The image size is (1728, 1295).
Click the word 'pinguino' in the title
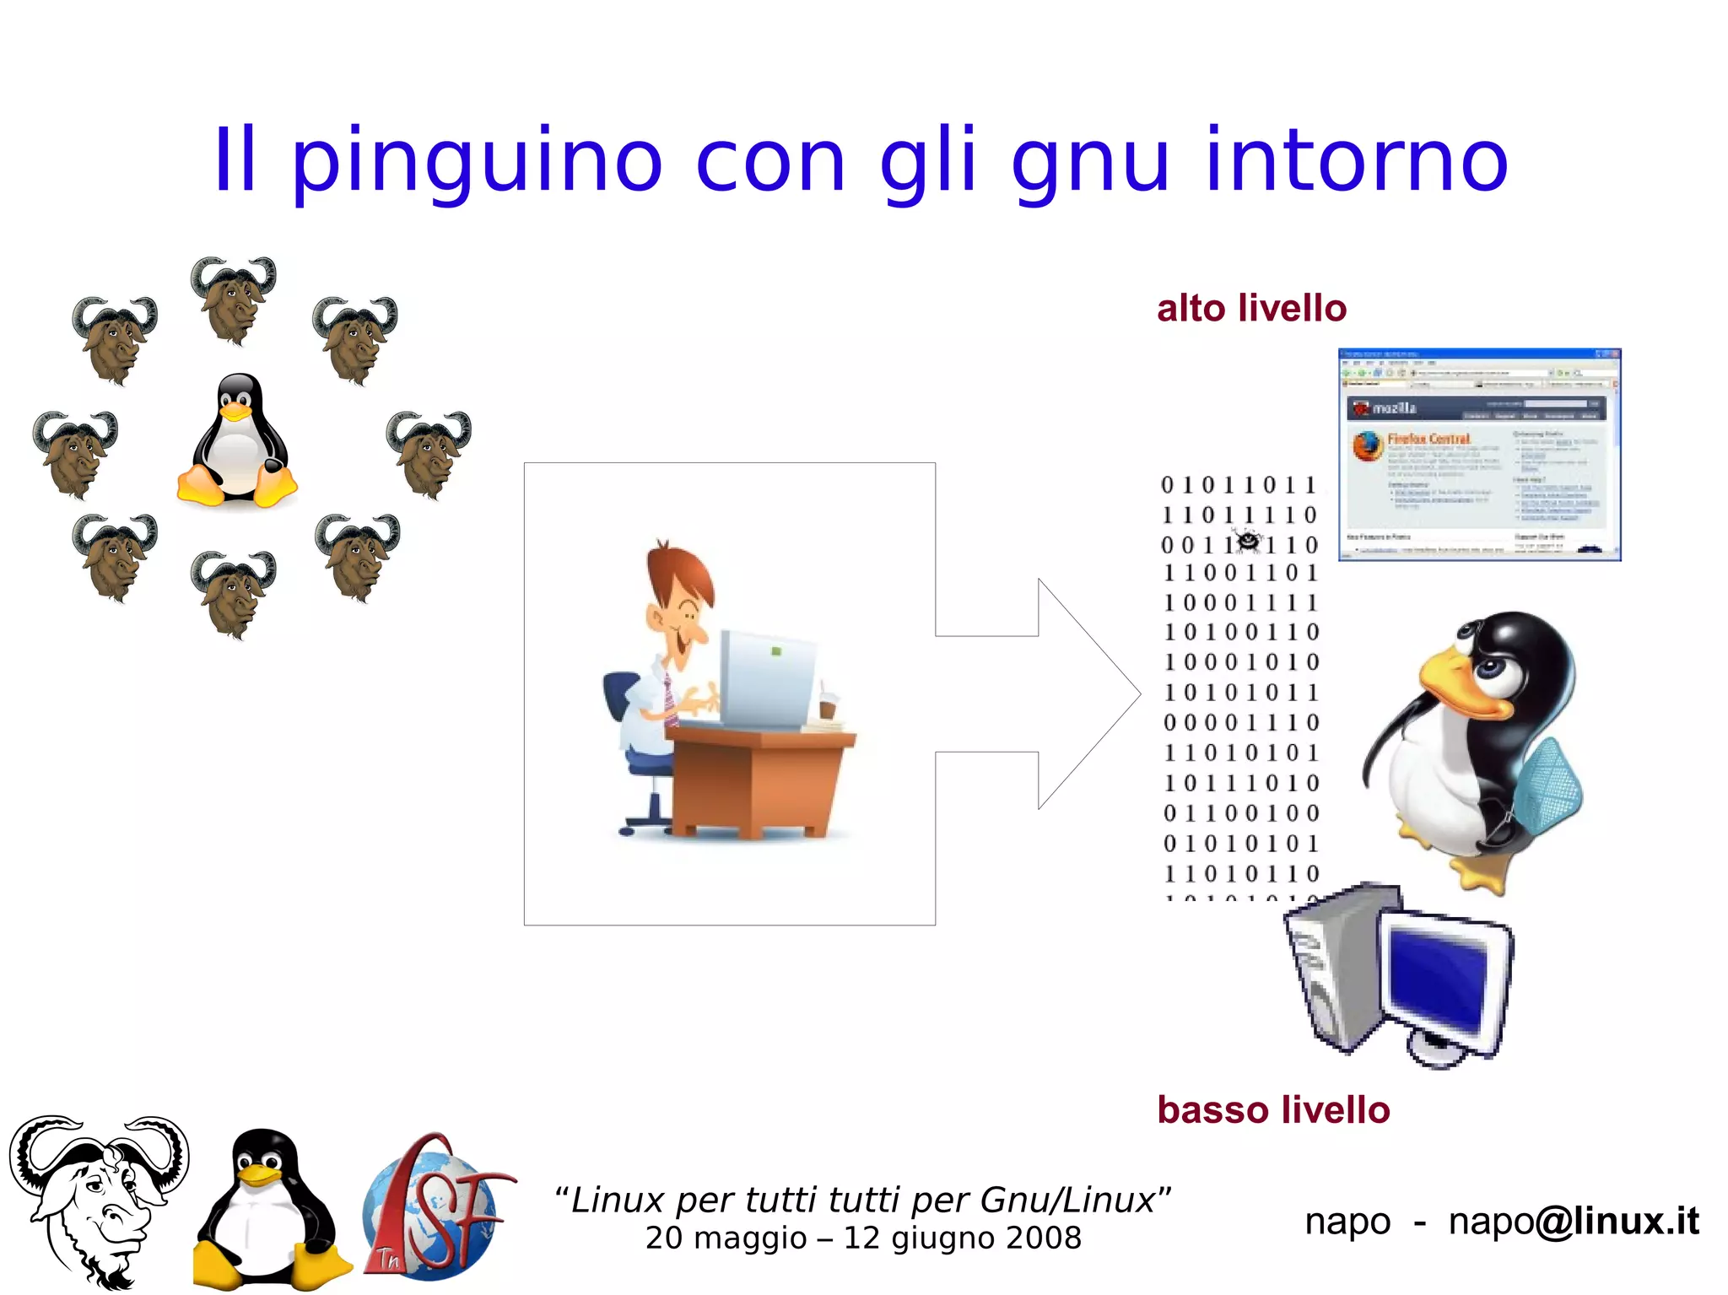pos(477,162)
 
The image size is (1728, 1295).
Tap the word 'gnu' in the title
pos(1089,162)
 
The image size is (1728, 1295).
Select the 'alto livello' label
pos(1251,309)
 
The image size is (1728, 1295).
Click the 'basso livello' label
pos(1273,1110)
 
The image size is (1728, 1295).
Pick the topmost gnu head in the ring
pos(234,299)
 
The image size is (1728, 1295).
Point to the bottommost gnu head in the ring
pos(234,593)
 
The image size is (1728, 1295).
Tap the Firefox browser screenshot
pos(1480,455)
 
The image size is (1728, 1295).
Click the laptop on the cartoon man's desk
pos(766,678)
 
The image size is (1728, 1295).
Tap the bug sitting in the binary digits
pos(1247,540)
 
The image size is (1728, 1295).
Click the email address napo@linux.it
pos(1573,1221)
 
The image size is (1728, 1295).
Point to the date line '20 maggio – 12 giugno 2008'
pos(862,1238)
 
